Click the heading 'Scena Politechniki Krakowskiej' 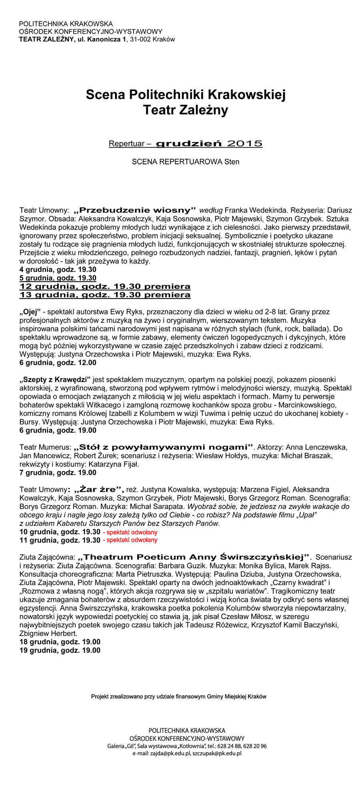pos(186,95)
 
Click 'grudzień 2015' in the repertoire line pos(209,144)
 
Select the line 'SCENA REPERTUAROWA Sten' pos(186,162)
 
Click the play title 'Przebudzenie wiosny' pos(135,210)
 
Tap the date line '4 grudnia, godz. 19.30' pos(58,270)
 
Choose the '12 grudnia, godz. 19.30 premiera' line pos(105,287)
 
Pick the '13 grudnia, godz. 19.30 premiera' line pos(105,295)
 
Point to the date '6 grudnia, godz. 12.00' pos(58,363)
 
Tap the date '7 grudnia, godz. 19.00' pos(58,473)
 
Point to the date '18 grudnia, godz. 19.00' pos(60,642)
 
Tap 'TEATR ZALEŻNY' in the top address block pos(46,39)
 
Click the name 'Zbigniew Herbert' pos(48,634)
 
